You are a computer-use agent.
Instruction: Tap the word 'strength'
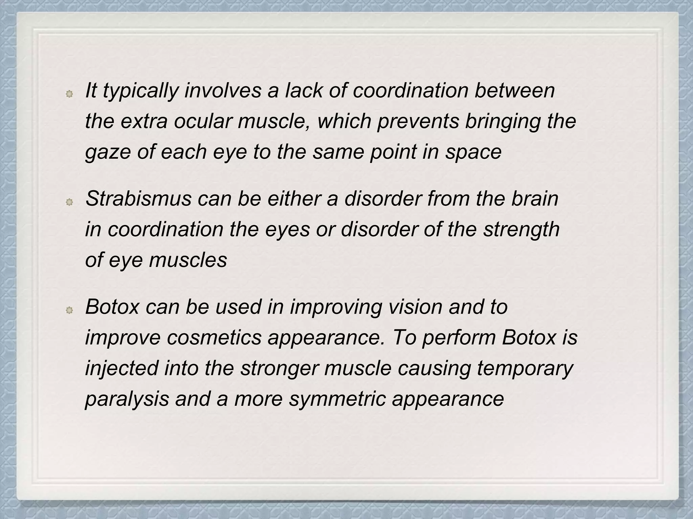tap(521, 230)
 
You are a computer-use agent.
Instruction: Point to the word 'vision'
tap(415, 307)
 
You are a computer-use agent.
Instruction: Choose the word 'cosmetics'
tap(214, 338)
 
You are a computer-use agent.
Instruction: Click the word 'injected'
tap(121, 368)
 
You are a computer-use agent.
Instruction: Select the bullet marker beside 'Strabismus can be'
tap(69, 202)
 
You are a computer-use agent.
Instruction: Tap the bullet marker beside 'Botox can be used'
tap(69, 310)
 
